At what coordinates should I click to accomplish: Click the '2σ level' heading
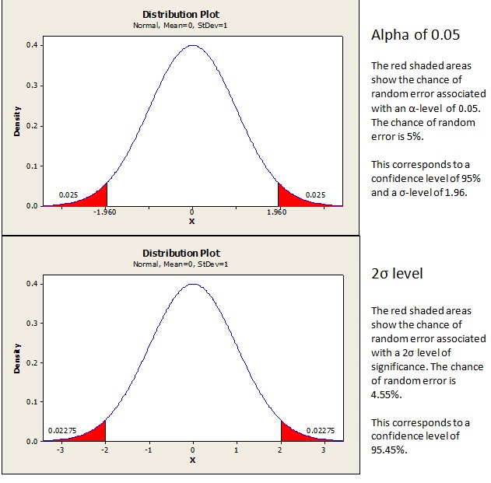pos(397,275)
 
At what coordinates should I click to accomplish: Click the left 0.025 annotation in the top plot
pos(68,194)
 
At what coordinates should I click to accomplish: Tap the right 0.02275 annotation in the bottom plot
pos(321,430)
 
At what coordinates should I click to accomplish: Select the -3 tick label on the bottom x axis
pos(61,449)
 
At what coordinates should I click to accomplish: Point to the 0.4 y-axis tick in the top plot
pos(32,45)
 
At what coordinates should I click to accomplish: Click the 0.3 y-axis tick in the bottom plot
pos(32,323)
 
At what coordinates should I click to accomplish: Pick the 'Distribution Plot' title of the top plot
pos(181,14)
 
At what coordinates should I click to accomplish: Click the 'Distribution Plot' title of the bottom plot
pos(181,253)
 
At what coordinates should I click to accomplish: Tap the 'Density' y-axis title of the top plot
pos(16,122)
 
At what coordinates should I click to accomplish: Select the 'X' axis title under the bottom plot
pos(193,459)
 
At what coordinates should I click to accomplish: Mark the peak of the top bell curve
pos(192,46)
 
